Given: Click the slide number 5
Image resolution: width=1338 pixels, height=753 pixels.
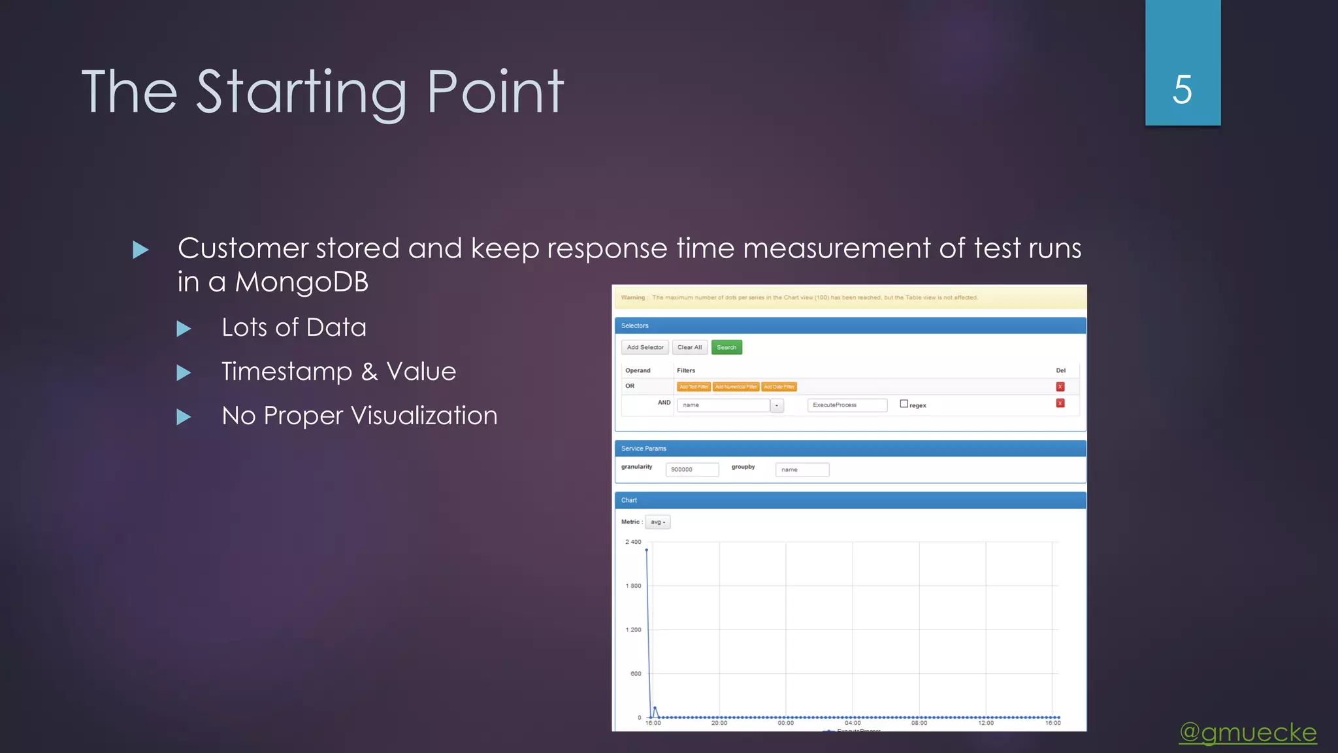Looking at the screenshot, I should [1182, 90].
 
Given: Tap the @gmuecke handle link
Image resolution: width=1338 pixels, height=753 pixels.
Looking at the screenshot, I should [1248, 733].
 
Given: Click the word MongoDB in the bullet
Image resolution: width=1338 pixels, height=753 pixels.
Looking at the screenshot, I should [301, 282].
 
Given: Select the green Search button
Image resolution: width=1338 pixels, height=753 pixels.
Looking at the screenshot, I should [726, 348].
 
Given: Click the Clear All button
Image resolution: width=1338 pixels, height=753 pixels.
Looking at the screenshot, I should [689, 348].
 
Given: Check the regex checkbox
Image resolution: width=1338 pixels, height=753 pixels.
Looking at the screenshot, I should [904, 404].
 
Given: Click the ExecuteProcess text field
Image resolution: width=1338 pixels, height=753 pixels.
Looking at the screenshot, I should [847, 405].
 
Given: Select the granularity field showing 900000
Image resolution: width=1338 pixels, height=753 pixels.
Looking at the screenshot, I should [691, 470].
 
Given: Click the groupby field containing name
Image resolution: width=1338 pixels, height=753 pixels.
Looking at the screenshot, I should [802, 470].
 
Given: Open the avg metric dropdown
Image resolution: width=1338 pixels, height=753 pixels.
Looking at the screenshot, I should [657, 522].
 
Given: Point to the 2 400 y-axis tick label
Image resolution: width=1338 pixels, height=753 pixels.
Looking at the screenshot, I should [633, 542].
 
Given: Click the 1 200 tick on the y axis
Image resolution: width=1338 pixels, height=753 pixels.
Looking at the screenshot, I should [633, 630].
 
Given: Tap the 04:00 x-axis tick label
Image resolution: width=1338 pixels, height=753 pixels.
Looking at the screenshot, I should [853, 723].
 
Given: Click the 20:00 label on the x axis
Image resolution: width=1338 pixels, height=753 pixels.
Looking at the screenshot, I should [719, 723].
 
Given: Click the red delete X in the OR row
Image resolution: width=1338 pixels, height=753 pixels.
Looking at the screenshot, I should [1060, 387].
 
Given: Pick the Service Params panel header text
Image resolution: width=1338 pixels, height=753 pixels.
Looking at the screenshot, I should [644, 448].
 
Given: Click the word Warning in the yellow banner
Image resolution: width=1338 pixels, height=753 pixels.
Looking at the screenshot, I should [632, 298].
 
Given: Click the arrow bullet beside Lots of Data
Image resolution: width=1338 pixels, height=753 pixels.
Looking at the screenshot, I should [184, 329].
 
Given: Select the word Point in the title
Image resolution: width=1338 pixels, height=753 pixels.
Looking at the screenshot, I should [495, 92].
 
